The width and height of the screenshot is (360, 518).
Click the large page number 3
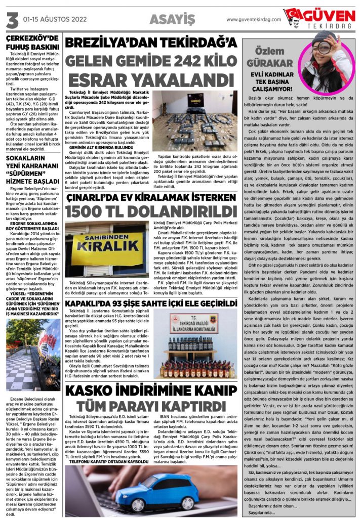tap(11, 20)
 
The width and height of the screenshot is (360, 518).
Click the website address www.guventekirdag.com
tap(253, 20)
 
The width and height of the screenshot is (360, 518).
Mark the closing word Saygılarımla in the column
tap(261, 512)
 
